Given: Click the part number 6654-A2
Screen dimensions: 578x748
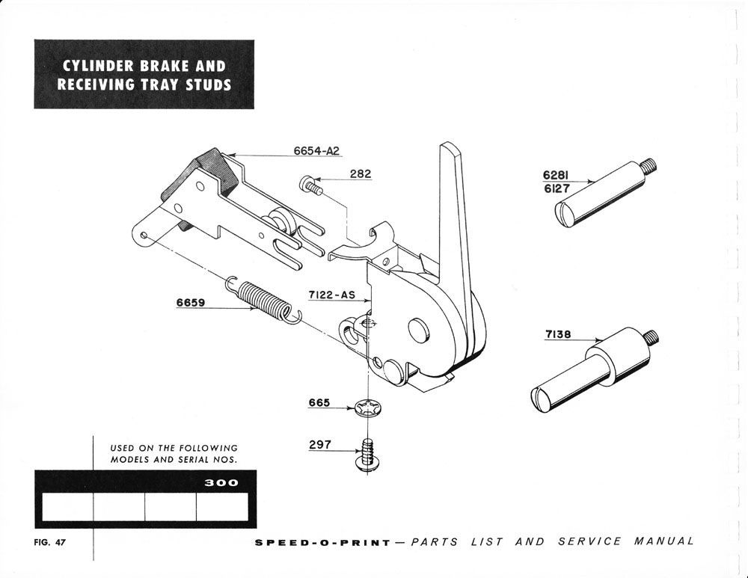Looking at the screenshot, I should (316, 151).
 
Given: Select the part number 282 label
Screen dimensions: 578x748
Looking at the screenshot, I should (359, 174).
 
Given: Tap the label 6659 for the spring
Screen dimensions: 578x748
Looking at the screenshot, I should (191, 304).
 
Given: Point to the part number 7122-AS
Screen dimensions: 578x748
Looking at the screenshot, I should (331, 295).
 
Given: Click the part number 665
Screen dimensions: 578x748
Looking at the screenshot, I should (319, 403).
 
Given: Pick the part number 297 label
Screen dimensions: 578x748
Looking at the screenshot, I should (319, 445).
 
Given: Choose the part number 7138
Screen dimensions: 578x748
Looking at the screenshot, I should (558, 335).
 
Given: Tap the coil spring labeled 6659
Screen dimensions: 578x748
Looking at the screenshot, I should (263, 299).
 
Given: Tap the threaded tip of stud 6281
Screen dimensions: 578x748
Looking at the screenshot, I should (649, 163).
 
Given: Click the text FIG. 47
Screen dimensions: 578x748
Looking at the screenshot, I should (51, 542).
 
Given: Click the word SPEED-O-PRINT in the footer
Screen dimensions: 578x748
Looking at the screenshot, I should (322, 542).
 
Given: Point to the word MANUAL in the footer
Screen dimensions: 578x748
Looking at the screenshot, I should (664, 541).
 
